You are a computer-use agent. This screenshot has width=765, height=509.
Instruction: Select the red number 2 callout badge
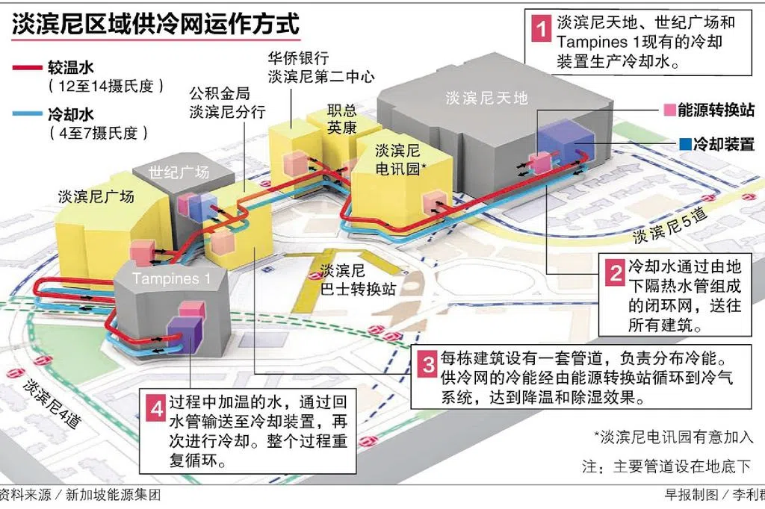click(615, 272)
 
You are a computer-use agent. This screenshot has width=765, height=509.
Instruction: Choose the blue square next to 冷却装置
click(685, 143)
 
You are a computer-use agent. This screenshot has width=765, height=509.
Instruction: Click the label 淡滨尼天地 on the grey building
click(486, 96)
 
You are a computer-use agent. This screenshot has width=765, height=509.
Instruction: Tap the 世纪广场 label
click(179, 172)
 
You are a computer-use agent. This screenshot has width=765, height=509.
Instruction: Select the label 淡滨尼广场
click(96, 196)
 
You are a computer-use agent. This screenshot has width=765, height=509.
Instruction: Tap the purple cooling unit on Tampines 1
click(185, 334)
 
